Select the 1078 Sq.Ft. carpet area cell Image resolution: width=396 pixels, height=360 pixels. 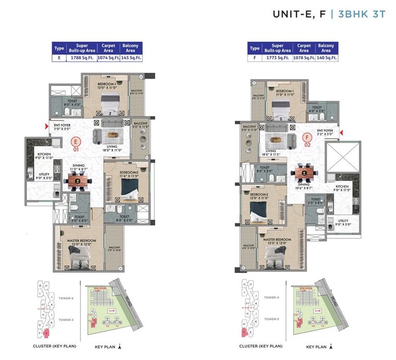coord(304,58)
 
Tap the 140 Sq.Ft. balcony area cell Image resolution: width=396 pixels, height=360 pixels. coord(326,58)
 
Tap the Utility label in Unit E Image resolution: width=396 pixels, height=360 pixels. coord(43,176)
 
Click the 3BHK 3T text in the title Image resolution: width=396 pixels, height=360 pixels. coord(362,14)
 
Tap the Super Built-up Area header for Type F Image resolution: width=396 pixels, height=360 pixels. coord(276,48)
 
